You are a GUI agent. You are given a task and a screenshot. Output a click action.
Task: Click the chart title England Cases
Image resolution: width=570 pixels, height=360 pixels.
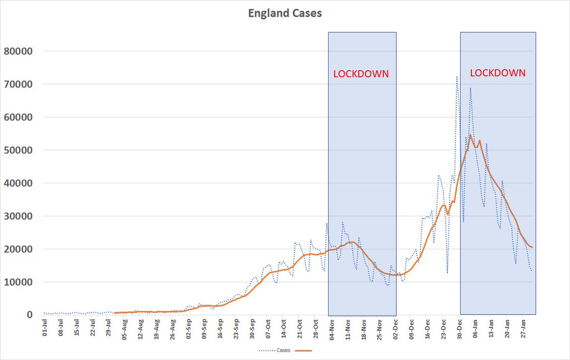click(285, 13)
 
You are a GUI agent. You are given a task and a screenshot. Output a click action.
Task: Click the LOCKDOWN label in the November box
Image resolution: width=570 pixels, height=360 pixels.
click(361, 74)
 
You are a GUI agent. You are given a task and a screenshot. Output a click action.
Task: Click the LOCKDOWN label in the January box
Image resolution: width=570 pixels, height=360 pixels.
click(497, 73)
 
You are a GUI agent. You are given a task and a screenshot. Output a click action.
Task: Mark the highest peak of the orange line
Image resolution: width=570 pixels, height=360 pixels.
click(470, 135)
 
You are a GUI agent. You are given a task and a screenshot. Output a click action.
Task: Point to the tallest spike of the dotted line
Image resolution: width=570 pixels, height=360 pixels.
click(457, 76)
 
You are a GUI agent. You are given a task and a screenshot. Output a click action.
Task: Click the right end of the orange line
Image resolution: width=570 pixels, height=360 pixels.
click(532, 247)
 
